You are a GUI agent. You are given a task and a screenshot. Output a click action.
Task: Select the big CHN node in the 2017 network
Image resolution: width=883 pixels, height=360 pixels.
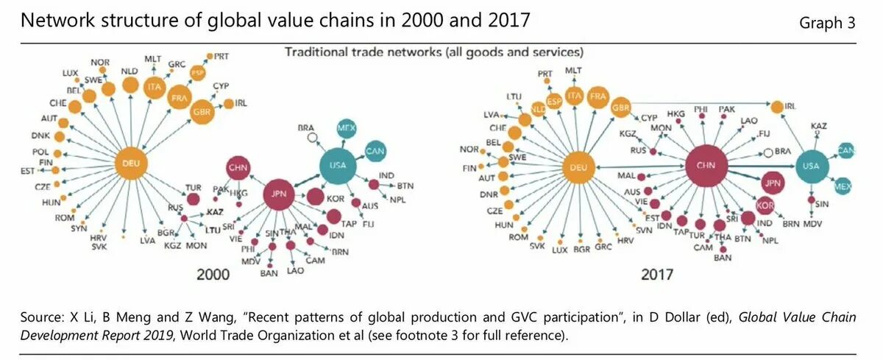tap(706, 166)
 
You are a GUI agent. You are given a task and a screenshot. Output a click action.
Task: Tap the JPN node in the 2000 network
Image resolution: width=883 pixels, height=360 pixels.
tap(279, 194)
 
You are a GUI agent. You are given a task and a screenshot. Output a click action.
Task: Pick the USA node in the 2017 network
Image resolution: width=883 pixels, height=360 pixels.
tap(811, 167)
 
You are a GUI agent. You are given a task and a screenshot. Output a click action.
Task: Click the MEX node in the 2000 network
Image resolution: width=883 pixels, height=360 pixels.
tap(347, 128)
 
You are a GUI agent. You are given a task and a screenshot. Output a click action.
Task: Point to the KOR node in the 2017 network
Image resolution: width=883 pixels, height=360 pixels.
tap(766, 205)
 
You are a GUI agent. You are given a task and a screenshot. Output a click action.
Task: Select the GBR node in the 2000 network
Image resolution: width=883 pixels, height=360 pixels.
tap(202, 110)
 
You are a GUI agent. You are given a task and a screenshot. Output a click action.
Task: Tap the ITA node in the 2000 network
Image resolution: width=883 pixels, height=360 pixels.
tap(154, 87)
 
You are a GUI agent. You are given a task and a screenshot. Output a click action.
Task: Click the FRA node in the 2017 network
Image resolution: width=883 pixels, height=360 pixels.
tap(597, 96)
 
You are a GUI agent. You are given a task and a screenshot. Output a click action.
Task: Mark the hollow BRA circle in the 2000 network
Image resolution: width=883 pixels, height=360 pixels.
tap(312, 137)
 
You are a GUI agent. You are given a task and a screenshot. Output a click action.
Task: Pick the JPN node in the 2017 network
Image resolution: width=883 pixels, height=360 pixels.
tap(772, 183)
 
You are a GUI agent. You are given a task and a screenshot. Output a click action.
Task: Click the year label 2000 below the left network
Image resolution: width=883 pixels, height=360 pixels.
tap(213, 275)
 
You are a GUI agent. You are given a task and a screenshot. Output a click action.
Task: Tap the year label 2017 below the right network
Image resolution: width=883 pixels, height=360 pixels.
tap(657, 275)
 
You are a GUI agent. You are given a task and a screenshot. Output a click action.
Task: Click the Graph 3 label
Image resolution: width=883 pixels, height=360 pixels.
tap(827, 23)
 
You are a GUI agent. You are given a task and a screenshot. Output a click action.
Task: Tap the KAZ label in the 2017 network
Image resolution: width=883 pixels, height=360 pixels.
tap(818, 127)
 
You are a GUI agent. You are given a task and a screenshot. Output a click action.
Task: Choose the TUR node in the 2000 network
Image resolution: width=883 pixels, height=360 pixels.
tap(193, 198)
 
